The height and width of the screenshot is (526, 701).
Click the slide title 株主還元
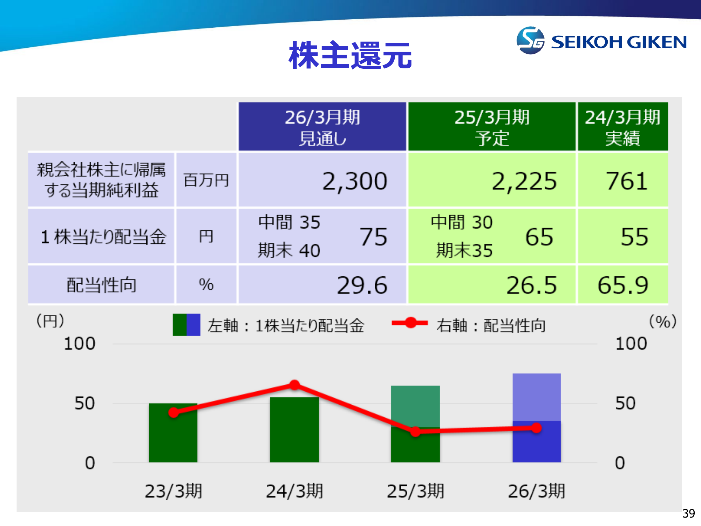350,55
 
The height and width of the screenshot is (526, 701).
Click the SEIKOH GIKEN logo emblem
530,41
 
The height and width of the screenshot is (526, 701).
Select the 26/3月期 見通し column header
322,127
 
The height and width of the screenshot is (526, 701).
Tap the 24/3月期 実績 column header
623,127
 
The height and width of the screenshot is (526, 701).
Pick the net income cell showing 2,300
355,181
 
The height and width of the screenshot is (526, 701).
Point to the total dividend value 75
374,237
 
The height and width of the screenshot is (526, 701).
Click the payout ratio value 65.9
623,285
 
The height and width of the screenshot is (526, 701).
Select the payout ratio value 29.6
362,285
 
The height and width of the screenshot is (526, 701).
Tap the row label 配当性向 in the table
101,285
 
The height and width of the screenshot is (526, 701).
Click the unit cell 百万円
206,180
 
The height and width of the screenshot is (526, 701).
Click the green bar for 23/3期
173,433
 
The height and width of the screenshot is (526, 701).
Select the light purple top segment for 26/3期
537,397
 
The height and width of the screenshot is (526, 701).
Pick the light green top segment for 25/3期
415,406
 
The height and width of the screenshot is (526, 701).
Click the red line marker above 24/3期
294,385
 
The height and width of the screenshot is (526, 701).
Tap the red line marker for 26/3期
536,428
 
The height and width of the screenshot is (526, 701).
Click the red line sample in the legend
410,323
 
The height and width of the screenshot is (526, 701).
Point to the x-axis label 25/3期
415,491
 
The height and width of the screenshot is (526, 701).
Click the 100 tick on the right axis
631,344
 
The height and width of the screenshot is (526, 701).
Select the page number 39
688,513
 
